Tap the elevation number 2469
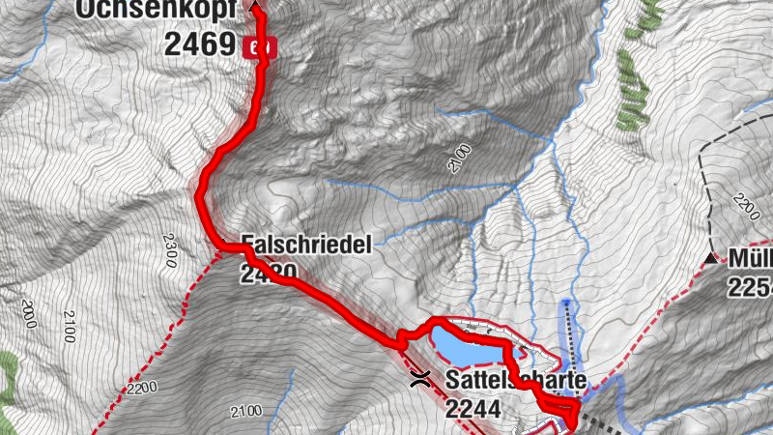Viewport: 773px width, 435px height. tap(201, 44)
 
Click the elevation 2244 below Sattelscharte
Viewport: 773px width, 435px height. tap(473, 410)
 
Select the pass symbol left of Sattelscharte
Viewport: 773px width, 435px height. tap(420, 376)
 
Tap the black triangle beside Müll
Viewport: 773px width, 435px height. tap(714, 258)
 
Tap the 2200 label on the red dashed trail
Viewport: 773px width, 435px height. tap(141, 390)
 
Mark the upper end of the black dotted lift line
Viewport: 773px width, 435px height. tap(566, 303)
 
